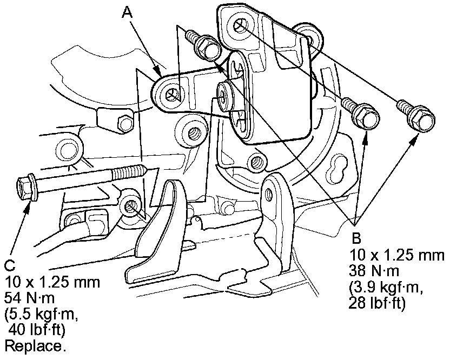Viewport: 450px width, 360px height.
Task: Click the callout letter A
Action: pyautogui.click(x=128, y=12)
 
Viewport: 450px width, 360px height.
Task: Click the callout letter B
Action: pyautogui.click(x=356, y=238)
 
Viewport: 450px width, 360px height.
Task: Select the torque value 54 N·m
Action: pyautogui.click(x=29, y=298)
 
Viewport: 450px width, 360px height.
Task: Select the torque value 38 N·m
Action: pyautogui.click(x=374, y=270)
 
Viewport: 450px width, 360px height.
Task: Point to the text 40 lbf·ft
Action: pyautogui.click(x=37, y=330)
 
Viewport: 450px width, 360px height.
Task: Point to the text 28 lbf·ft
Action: pyautogui.click(x=377, y=303)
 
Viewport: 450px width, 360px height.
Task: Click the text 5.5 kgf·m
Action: pyautogui.click(x=41, y=315)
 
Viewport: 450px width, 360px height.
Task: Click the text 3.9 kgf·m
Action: pyautogui.click(x=386, y=287)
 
